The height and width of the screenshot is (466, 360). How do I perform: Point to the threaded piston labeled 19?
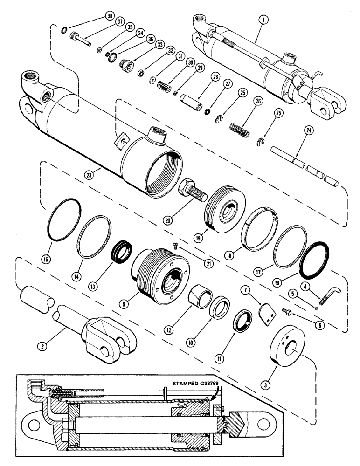pyautogui.click(x=225, y=206)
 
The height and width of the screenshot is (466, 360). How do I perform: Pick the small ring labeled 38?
pyautogui.click(x=64, y=31)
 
